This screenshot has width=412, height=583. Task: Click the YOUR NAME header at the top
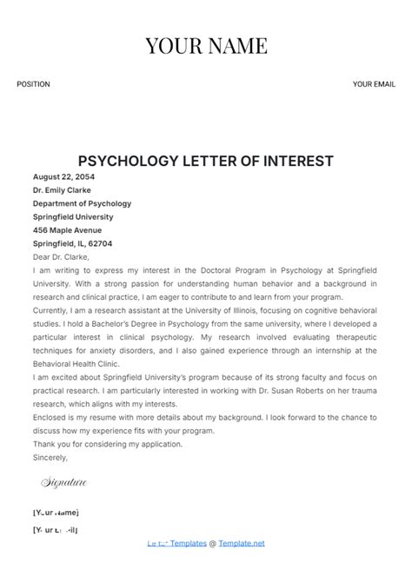pos(206,45)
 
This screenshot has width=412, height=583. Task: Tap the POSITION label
pos(33,84)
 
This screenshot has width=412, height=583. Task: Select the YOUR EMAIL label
pos(374,84)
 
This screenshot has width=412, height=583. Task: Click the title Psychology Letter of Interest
pos(206,161)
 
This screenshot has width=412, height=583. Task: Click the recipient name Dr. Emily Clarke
pos(62,190)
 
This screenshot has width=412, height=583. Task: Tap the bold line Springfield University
pos(72,217)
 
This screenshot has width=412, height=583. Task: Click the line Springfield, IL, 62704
pos(72,244)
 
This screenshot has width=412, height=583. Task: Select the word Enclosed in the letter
pos(51,417)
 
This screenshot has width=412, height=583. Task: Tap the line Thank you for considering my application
pos(108,444)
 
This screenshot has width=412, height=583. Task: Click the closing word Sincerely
pos(50,457)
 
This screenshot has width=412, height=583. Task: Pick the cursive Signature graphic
pos(64,481)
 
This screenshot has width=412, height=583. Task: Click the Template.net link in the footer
pos(241,543)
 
